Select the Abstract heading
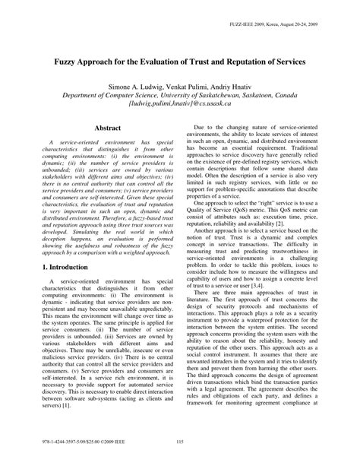coord(101,151)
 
